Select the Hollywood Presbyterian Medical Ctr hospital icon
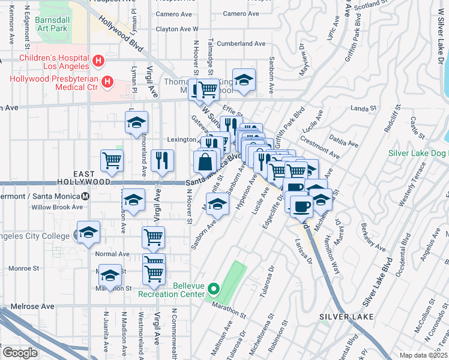click(x=107, y=82)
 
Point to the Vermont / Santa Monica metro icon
click(x=85, y=196)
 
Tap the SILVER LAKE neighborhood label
click(x=346, y=316)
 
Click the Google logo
click(x=20, y=353)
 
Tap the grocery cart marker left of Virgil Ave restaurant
click(x=112, y=160)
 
